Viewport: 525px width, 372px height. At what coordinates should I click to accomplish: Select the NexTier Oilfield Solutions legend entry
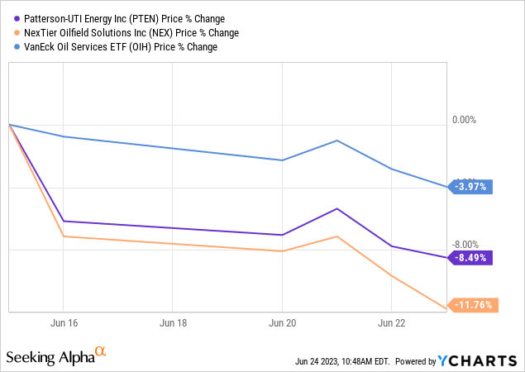click(x=128, y=33)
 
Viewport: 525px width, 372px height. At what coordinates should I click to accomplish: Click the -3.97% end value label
click(x=472, y=187)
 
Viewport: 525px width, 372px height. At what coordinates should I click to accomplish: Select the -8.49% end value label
click(x=472, y=257)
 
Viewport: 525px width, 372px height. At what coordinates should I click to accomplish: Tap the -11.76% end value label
click(x=472, y=305)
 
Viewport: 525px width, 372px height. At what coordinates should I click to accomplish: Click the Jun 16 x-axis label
click(x=64, y=322)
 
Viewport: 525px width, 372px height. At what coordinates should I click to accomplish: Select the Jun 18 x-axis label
click(x=173, y=322)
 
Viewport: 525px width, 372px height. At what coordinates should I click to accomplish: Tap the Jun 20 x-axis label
click(x=282, y=322)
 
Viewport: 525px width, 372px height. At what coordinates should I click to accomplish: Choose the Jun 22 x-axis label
click(x=391, y=322)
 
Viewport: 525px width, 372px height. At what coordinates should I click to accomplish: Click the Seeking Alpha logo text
click(x=49, y=357)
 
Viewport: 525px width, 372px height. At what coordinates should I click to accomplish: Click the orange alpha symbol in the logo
click(x=101, y=353)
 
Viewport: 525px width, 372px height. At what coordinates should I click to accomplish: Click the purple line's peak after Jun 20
click(x=336, y=208)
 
